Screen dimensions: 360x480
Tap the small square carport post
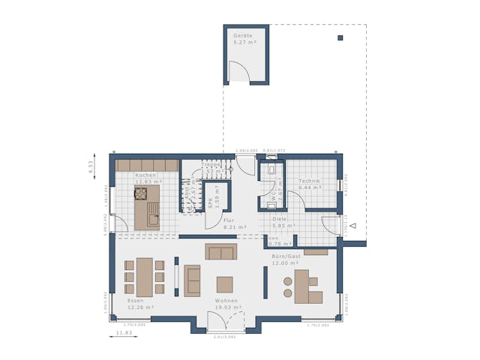click(340, 37)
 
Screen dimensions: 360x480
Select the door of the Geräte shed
click(239, 72)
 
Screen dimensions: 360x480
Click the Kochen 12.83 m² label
click(147, 178)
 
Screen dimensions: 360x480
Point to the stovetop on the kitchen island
click(140, 193)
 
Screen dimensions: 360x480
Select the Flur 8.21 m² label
click(230, 223)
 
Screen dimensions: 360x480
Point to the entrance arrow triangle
click(352, 224)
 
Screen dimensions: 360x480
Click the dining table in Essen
click(144, 277)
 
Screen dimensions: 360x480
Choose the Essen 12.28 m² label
click(140, 304)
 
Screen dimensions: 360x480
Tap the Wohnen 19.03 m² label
click(226, 304)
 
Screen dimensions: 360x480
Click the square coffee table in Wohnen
click(225, 284)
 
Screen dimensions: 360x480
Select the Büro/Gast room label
click(286, 260)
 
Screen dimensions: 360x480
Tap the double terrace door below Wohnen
click(225, 322)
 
